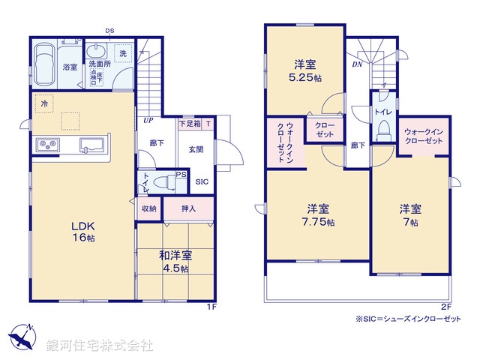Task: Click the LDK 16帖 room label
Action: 83,229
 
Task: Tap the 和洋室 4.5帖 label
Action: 174,261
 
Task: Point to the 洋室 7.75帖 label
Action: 319,215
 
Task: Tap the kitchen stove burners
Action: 46,144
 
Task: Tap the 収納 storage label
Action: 148,208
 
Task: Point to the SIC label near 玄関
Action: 202,181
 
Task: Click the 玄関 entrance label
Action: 195,149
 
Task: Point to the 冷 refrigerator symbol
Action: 46,103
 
